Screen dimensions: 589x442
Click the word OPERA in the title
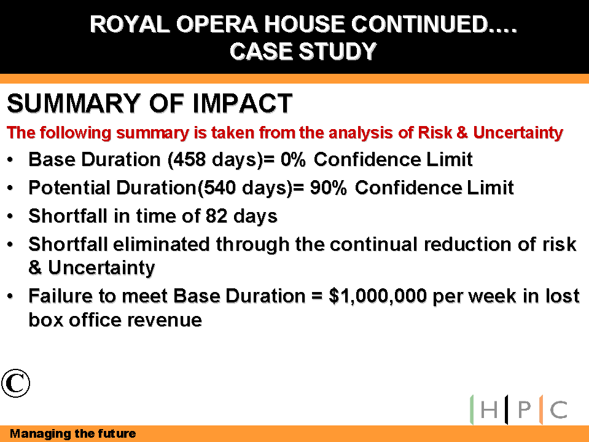click(217, 25)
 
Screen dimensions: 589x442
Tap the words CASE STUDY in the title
click(303, 51)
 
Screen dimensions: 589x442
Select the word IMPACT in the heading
click(242, 103)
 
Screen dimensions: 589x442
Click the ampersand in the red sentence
click(462, 133)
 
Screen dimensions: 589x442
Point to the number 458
click(189, 159)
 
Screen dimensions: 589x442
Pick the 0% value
click(293, 159)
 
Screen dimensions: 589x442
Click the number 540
click(220, 187)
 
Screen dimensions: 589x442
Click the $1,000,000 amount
click(378, 296)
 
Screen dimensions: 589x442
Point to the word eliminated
click(161, 244)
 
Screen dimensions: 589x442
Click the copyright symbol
click(15, 383)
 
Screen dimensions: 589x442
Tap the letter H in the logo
click(489, 409)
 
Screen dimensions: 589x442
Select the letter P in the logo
click(525, 409)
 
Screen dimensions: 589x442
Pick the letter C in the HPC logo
click(558, 409)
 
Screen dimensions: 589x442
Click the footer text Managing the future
click(73, 434)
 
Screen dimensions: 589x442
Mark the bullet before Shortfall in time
click(10, 216)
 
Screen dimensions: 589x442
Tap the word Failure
click(60, 296)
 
